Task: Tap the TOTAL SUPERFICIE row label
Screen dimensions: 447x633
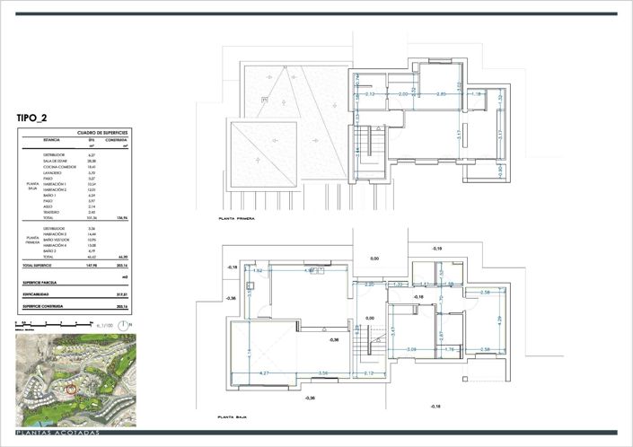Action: coord(40,267)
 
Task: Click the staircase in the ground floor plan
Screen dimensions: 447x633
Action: coord(365,341)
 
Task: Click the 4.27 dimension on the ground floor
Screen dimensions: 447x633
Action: coord(265,372)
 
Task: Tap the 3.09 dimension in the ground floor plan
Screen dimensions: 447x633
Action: coord(411,349)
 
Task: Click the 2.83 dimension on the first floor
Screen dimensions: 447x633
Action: coord(441,93)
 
